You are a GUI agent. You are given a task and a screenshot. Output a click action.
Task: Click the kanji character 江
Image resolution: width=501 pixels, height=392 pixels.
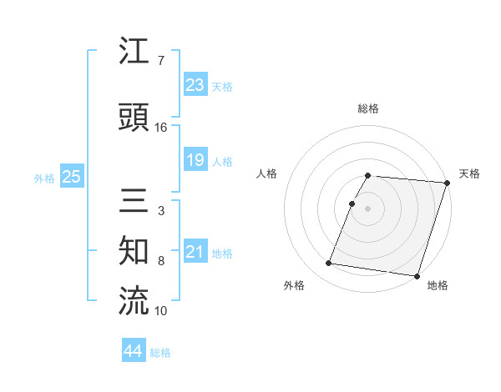134,53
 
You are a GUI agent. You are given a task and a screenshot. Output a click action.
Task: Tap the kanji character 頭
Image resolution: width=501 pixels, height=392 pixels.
134,118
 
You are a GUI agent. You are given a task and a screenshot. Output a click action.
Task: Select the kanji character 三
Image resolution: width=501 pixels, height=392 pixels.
134,201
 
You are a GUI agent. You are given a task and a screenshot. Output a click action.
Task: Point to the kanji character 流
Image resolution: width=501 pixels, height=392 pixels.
134,300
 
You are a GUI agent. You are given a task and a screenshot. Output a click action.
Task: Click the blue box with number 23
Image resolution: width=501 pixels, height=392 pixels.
195,86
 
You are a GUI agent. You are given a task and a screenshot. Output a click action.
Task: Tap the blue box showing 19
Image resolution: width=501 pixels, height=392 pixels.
195,161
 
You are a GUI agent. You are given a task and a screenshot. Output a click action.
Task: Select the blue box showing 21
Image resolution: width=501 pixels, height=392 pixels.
195,253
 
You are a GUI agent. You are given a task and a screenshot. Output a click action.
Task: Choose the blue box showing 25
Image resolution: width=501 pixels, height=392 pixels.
71,177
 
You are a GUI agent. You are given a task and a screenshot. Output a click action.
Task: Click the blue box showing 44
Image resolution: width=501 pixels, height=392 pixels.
134,352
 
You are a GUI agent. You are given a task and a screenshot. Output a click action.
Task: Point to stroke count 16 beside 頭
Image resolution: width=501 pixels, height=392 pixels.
161,127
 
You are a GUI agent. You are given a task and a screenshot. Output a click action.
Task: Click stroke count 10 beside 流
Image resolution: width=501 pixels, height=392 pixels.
161,311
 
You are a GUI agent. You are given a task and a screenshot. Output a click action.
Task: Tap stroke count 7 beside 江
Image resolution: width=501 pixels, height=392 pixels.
160,61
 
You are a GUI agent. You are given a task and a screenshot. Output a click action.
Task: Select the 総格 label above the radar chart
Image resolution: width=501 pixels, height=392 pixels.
368,108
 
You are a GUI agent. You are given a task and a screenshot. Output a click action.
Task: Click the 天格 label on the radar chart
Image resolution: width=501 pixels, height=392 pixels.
469,173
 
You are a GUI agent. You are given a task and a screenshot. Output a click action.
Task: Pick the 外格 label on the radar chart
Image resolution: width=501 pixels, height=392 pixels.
294,285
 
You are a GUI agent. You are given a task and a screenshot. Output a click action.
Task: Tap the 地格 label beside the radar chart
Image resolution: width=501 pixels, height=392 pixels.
438,285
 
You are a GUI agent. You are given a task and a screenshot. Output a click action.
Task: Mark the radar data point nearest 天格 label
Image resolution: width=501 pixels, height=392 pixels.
447,183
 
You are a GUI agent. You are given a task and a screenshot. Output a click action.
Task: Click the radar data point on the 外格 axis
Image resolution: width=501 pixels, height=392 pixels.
329,264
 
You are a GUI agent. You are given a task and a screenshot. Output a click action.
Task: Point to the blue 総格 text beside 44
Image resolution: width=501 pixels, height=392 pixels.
160,353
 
